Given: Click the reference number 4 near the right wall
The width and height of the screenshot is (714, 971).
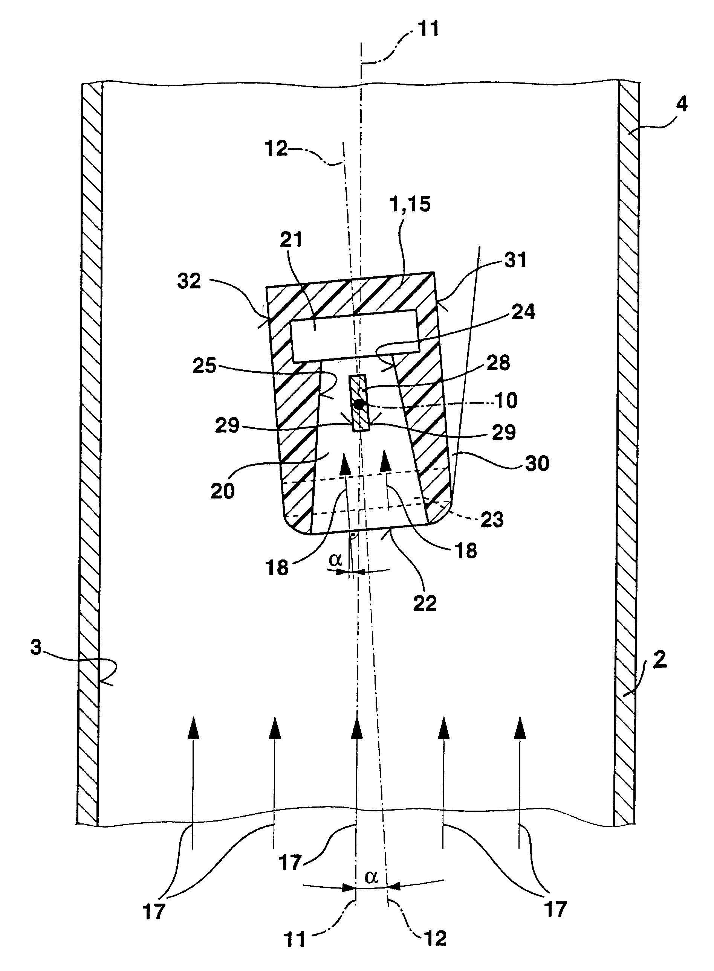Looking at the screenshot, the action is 682,104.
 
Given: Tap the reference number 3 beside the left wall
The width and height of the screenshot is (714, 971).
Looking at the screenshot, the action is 36,647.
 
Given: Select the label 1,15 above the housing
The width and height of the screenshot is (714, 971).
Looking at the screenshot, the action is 410,203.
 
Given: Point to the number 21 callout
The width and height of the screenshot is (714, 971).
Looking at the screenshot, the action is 291,239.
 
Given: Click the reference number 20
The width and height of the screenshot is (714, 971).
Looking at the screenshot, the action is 223,491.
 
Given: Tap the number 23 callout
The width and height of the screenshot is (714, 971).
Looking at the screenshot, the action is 492,519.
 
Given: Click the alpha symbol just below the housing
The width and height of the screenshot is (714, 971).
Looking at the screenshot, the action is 336,560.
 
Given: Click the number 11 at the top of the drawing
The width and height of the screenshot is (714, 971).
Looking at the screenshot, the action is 428,29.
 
